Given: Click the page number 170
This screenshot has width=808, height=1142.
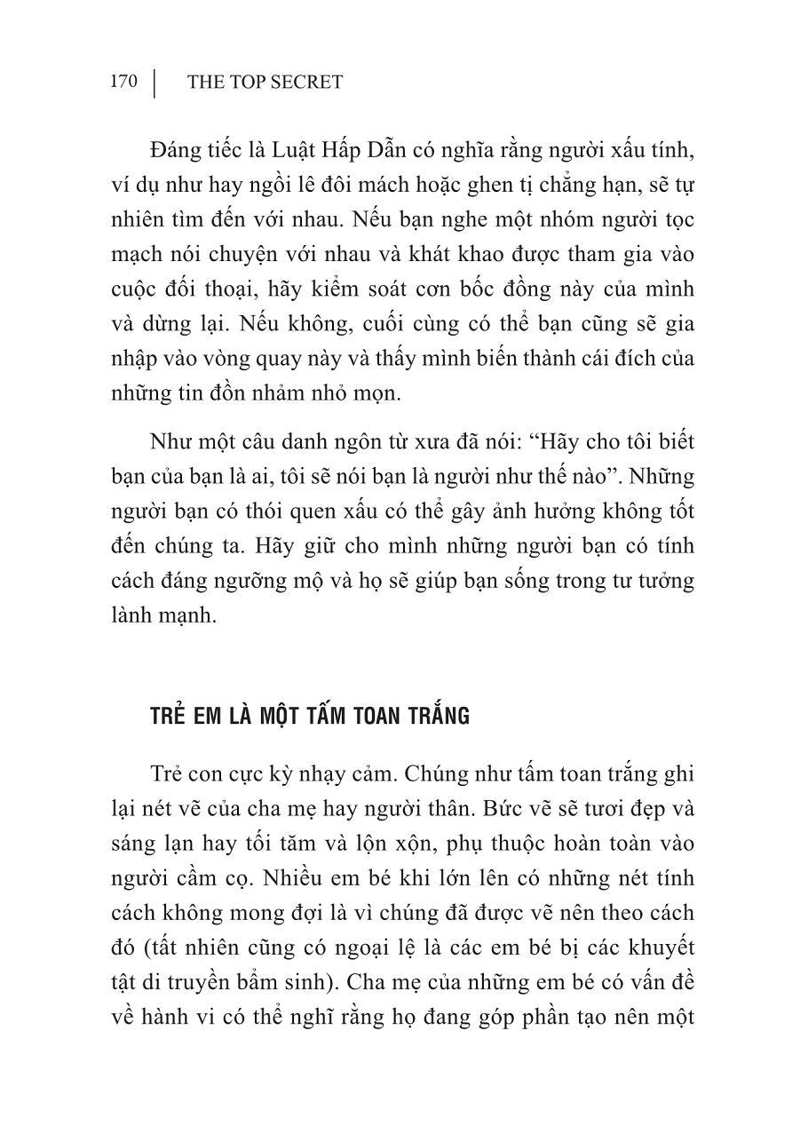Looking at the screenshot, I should (123, 82).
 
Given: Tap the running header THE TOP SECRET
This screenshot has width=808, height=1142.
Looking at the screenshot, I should (265, 83).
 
